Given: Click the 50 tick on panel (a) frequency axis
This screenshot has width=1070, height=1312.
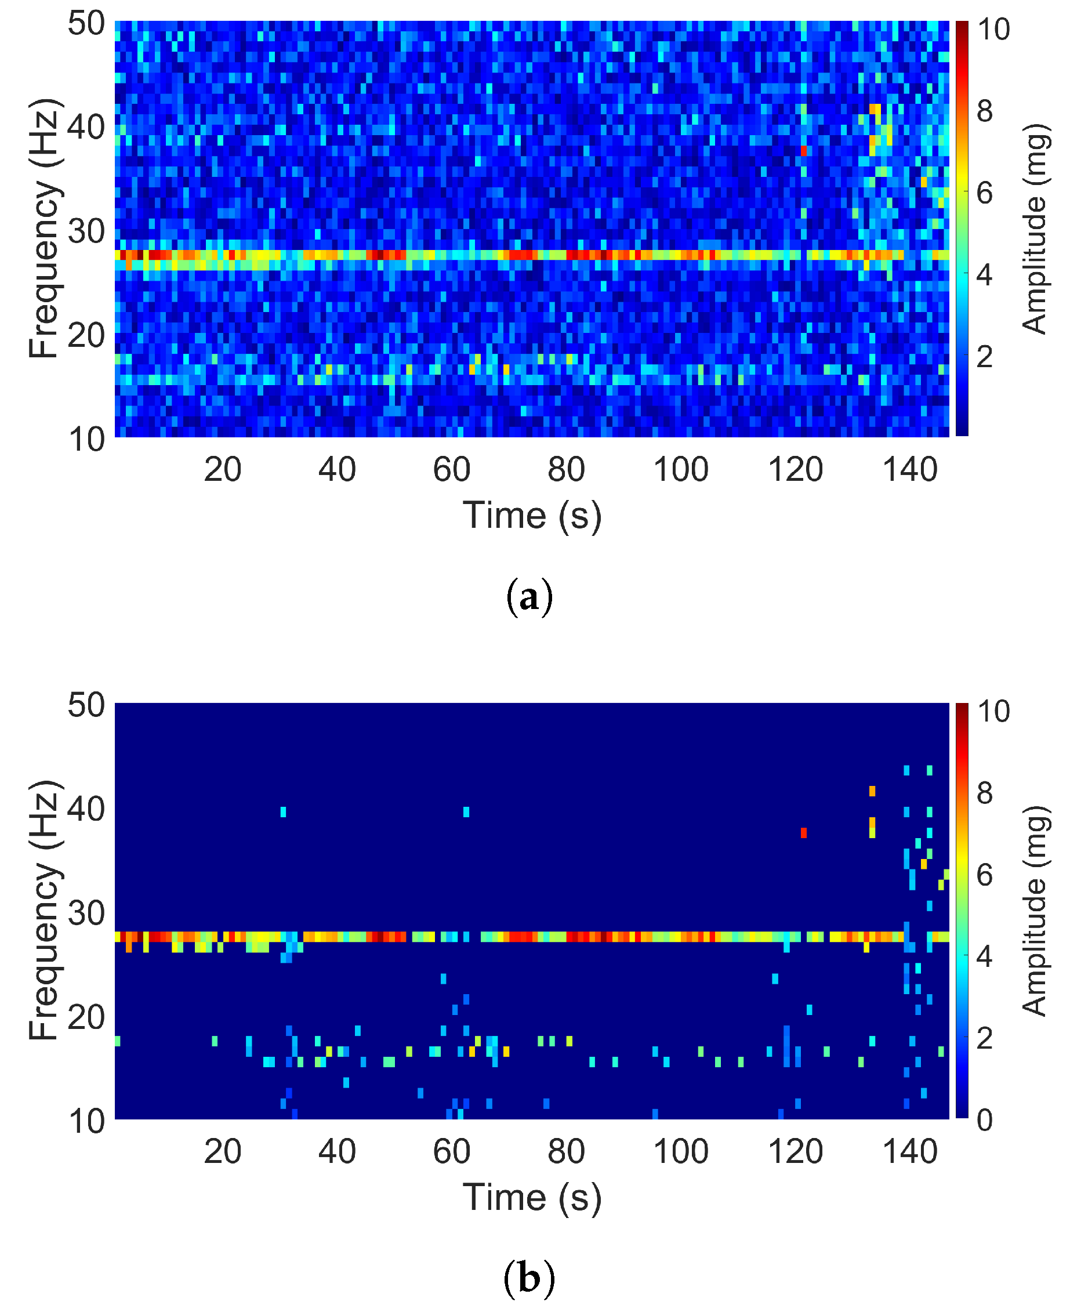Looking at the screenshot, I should [x=86, y=25].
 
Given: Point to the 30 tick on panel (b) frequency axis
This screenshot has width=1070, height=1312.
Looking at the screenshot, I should [x=86, y=913].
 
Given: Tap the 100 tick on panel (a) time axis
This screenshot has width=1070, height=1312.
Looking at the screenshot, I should [x=680, y=470].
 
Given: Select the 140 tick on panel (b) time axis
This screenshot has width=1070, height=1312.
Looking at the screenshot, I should [x=911, y=1152].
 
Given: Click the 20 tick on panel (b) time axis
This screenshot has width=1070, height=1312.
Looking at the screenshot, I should [x=223, y=1152].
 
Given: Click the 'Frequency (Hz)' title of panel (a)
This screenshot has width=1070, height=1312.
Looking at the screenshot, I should [x=45, y=228].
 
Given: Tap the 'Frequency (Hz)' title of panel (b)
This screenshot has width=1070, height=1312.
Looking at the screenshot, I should [x=45, y=911].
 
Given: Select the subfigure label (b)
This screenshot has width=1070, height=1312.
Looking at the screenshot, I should [x=529, y=1279].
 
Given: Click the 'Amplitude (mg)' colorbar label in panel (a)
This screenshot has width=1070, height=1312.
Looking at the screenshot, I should [x=1034, y=228].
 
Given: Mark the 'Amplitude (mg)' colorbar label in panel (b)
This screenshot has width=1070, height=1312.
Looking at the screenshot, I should [x=1034, y=911].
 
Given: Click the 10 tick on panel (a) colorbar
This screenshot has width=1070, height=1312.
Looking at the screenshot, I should [x=993, y=30].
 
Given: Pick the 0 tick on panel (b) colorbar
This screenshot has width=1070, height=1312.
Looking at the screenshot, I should [x=984, y=1119].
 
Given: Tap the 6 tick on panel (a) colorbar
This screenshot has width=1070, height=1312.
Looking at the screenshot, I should [x=984, y=194].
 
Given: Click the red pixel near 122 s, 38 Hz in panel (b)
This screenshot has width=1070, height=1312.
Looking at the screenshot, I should [x=804, y=833].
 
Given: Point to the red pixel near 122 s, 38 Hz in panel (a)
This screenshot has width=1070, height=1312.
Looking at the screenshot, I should [x=804, y=150].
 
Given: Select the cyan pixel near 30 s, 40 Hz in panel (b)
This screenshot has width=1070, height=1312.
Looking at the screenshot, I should [x=283, y=812].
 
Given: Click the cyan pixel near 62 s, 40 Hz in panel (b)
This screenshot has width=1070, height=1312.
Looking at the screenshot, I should [x=466, y=812].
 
